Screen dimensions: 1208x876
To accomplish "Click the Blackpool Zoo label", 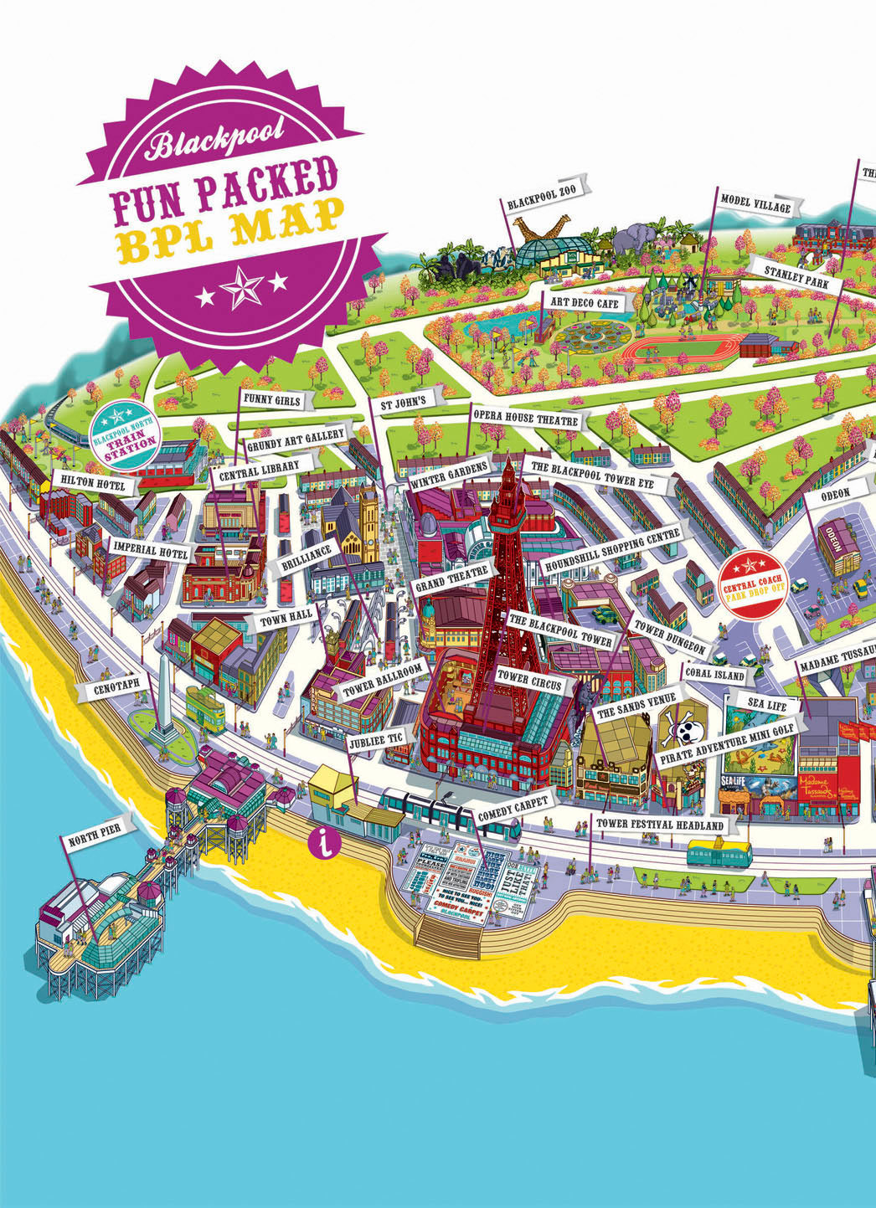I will click(x=542, y=203).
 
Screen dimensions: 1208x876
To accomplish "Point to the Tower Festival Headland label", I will click(x=659, y=825).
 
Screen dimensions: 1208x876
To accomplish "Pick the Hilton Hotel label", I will click(x=92, y=484).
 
